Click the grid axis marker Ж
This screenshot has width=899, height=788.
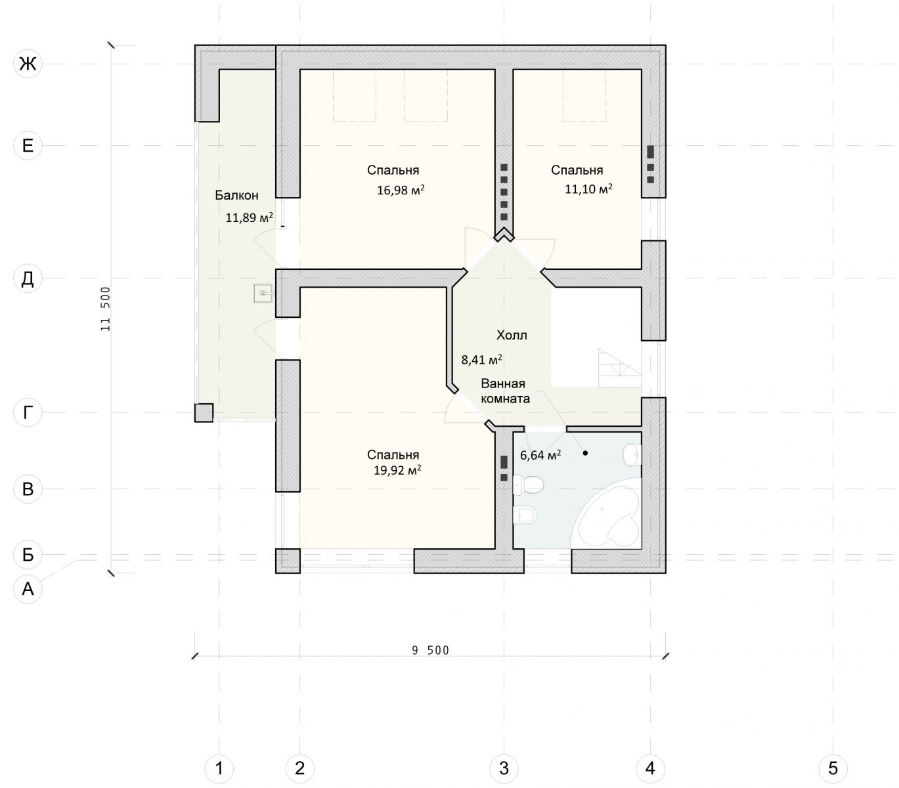pyautogui.click(x=28, y=64)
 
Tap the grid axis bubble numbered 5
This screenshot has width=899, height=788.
pyautogui.click(x=833, y=768)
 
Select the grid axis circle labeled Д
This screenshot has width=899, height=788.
pyautogui.click(x=28, y=278)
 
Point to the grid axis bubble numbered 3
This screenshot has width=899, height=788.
pyautogui.click(x=504, y=768)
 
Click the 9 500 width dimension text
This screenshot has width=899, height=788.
pyautogui.click(x=430, y=651)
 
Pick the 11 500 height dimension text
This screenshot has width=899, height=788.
pyautogui.click(x=105, y=309)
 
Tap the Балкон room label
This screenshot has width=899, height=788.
pyautogui.click(x=236, y=195)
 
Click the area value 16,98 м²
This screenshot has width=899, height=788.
pyautogui.click(x=401, y=190)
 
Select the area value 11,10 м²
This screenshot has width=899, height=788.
pyautogui.click(x=588, y=189)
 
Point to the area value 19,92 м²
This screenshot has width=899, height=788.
pyautogui.click(x=397, y=470)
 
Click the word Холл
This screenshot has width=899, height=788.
pyautogui.click(x=512, y=336)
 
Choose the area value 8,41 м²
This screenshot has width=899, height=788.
pyautogui.click(x=481, y=359)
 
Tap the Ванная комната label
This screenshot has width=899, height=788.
pyautogui.click(x=505, y=391)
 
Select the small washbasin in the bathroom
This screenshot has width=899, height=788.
pyautogui.click(x=632, y=455)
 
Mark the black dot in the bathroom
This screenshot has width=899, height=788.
pyautogui.click(x=585, y=453)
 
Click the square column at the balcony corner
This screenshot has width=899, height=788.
pyautogui.click(x=204, y=412)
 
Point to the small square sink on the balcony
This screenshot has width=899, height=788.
pyautogui.click(x=263, y=293)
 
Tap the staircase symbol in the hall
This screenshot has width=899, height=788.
pyautogui.click(x=619, y=368)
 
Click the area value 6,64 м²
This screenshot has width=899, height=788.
pyautogui.click(x=540, y=455)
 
